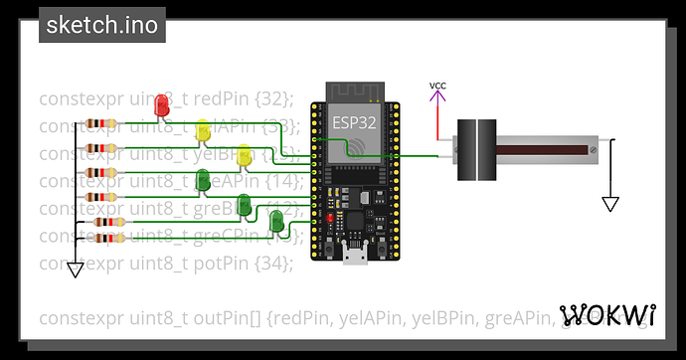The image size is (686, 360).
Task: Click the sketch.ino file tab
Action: coord(101,25)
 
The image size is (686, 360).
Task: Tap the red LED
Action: coord(161,102)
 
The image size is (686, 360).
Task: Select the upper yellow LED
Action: coord(203,130)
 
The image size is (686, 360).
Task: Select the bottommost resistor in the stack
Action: coord(109,238)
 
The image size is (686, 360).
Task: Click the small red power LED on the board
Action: coord(329,216)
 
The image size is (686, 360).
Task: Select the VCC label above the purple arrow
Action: coord(437,86)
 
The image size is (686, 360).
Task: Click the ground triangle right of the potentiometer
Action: coord(610,204)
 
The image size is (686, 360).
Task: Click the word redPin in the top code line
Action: coord(232,98)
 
